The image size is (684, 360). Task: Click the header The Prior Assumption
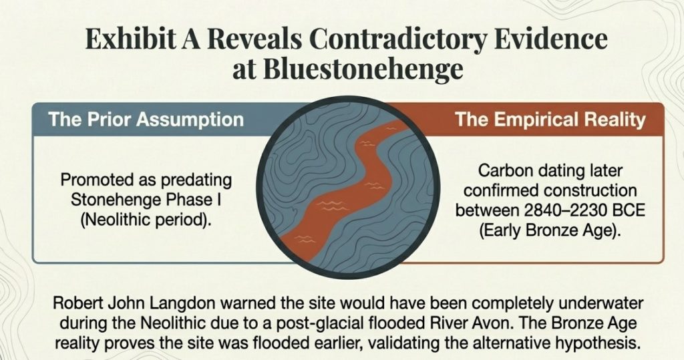point(146,121)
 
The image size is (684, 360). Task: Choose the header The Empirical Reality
point(550,120)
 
